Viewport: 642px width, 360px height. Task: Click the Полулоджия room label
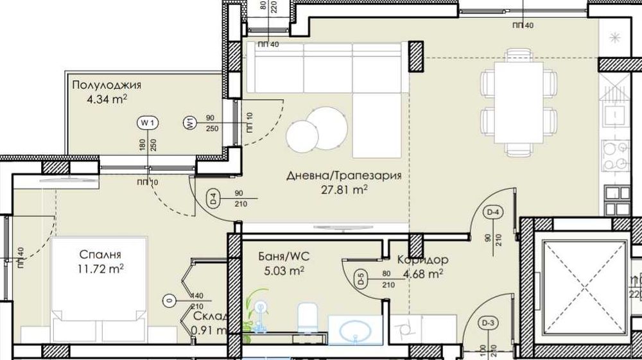pos(107,85)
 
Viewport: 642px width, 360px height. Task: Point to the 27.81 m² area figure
pos(343,189)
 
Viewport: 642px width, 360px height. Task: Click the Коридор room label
pos(422,260)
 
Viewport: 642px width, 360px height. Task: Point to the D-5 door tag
pos(361,279)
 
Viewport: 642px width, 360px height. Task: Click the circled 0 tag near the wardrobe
pos(169,300)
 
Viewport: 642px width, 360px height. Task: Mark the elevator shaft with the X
pos(584,283)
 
